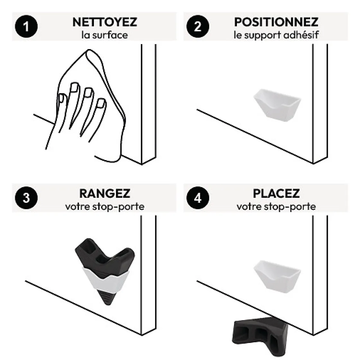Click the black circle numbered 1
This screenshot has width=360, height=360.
pos(26,26)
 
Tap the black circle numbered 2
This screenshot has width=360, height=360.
pos(197,26)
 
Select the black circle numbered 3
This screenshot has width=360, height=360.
pos(26,198)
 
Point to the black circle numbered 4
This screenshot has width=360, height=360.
pos(197,198)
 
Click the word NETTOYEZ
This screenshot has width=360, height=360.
pos(104,22)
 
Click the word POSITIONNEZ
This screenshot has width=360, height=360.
pos(276,22)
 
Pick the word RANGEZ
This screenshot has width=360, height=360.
pos(104,194)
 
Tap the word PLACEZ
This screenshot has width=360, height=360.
pos(276,194)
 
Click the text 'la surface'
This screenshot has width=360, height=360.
pos(104,35)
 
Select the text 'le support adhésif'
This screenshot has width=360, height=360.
pos(276,35)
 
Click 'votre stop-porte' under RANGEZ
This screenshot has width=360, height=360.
pos(104,206)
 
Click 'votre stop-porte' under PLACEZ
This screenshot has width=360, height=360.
pos(276,206)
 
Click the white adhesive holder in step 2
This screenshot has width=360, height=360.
pos(277,104)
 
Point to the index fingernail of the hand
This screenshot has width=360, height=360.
pos(101,104)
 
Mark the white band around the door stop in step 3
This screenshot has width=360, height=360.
pos(106,280)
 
